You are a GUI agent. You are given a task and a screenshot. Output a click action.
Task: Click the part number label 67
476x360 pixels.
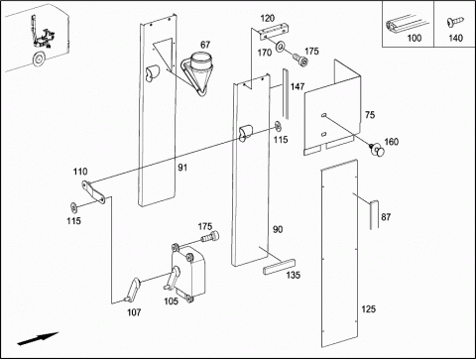click(205, 45)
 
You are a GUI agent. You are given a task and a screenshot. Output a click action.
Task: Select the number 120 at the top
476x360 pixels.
click(268, 19)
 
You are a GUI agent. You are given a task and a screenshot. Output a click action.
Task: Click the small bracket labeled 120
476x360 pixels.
click(275, 32)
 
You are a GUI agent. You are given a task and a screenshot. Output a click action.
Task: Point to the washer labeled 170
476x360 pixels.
click(281, 47)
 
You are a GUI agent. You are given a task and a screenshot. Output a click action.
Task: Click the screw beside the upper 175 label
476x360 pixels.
click(300, 60)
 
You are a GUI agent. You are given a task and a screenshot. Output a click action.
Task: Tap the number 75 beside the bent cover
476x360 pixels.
click(370, 115)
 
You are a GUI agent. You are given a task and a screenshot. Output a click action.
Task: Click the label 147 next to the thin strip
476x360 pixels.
click(297, 86)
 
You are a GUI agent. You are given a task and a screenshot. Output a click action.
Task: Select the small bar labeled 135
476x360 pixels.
click(279, 267)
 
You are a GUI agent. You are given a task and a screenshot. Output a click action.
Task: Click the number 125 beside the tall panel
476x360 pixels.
click(368, 309)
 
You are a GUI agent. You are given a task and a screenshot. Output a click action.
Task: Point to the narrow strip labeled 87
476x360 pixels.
click(374, 214)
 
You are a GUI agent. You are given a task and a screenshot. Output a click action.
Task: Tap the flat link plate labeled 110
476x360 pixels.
click(93, 191)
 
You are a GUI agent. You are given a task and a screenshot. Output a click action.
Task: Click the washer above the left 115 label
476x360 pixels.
click(73, 207)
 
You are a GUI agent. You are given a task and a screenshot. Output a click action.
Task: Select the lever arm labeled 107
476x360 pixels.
click(132, 290)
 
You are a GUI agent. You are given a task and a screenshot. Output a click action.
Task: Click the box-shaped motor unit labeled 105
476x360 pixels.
click(187, 272)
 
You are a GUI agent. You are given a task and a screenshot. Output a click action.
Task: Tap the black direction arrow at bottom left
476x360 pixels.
click(38, 339)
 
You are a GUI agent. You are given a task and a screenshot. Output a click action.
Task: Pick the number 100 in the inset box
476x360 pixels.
click(415, 38)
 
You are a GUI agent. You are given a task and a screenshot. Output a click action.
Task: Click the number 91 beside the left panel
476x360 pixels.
click(182, 168)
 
